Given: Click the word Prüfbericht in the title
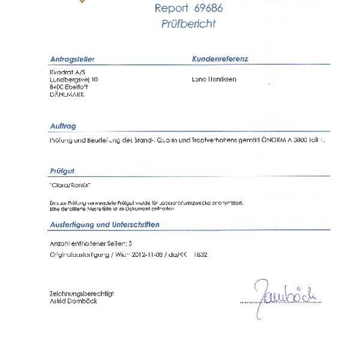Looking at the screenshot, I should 188,24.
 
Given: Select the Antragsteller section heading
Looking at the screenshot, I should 73,59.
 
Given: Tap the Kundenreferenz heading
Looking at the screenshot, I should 220,59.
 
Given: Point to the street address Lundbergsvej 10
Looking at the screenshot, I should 74,79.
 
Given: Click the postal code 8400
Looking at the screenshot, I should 56,86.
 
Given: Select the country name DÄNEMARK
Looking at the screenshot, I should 67,94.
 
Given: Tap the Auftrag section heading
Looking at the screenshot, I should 63,126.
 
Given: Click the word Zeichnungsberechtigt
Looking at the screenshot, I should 82,293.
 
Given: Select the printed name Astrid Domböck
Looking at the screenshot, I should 73,301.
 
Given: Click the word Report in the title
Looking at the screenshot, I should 171,8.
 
